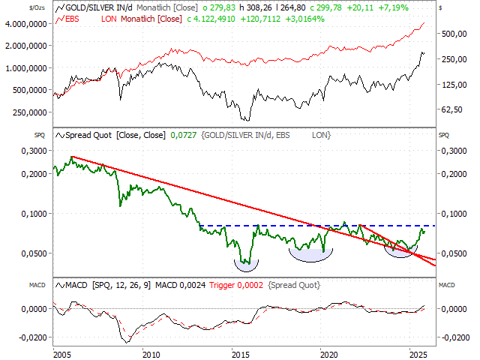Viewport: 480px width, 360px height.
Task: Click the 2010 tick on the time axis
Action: tap(151, 353)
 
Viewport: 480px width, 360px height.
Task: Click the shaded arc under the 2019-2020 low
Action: tap(311, 254)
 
